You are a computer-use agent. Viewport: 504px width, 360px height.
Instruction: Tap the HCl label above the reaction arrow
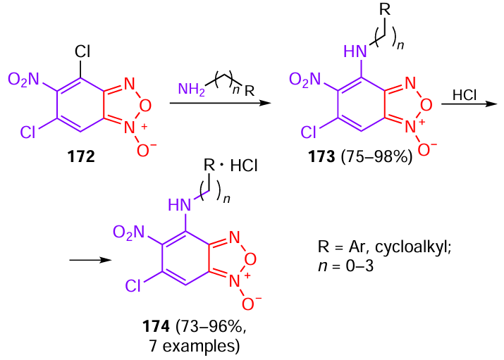[465, 94]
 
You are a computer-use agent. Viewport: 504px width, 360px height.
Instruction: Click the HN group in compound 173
[356, 51]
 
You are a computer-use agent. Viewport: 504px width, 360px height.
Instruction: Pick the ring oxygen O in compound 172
[146, 105]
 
